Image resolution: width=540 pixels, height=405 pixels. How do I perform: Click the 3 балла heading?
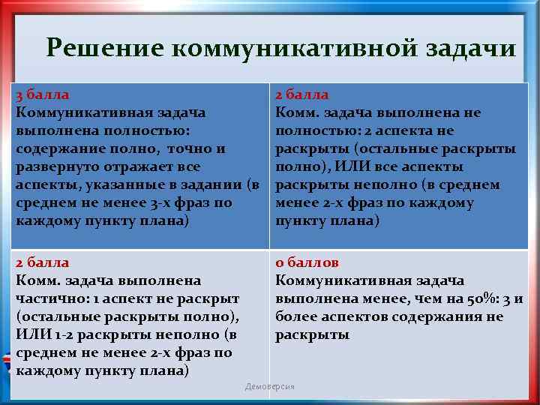[x=43, y=95]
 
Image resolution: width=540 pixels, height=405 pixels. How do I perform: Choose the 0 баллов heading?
[x=307, y=262]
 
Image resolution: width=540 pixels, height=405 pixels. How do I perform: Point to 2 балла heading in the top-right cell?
[x=301, y=95]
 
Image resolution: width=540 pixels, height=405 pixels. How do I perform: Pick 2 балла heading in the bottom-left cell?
[x=43, y=262]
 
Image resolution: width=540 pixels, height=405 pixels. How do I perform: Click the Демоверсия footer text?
[x=270, y=386]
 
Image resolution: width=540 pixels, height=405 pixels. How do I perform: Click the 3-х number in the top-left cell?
[x=157, y=202]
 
